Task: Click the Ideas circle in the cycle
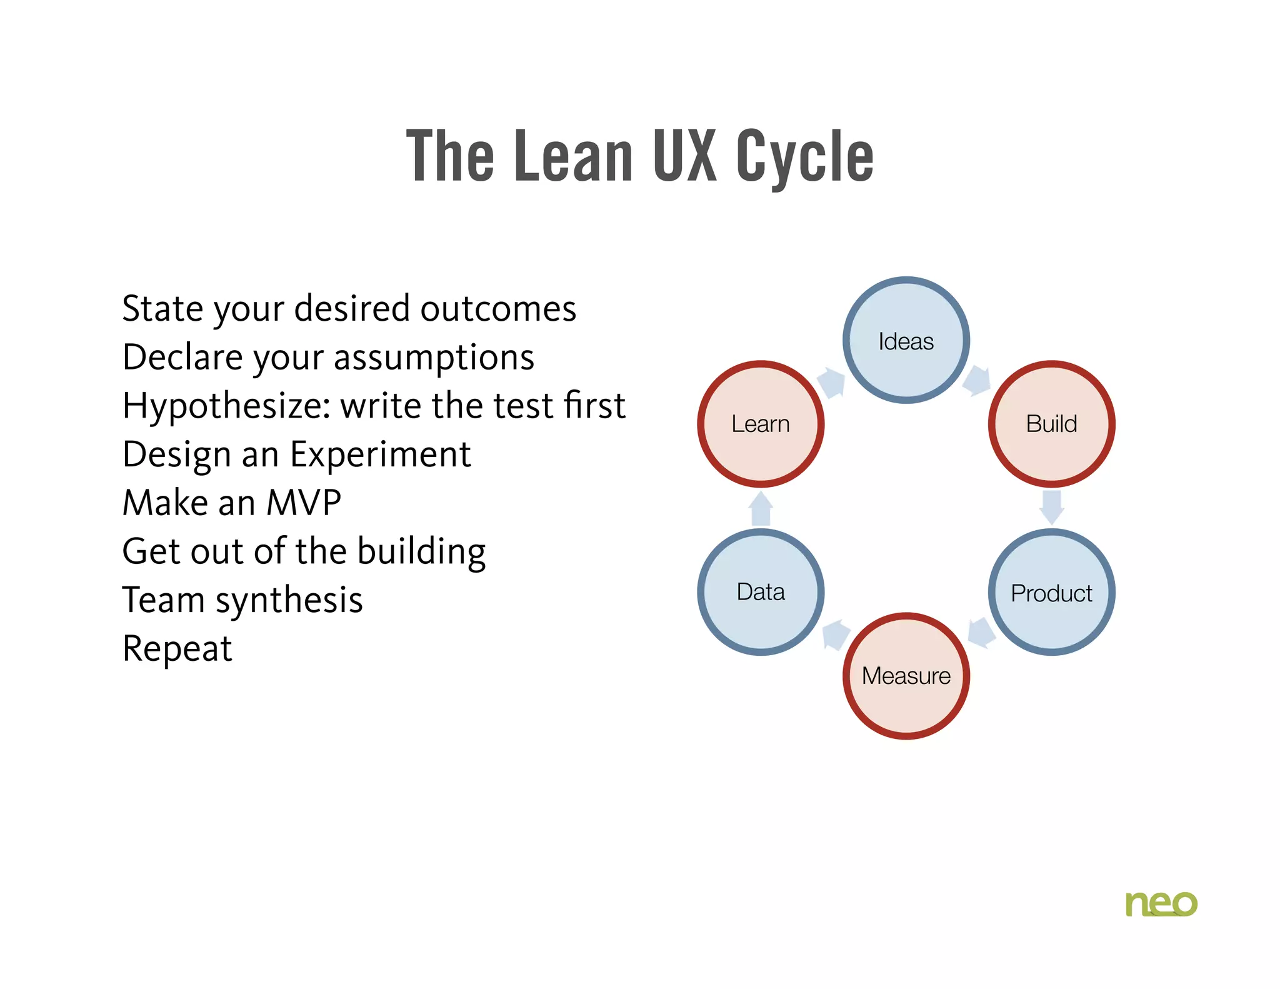point(906,341)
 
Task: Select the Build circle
point(1051,424)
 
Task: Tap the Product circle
point(1051,593)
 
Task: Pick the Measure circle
point(906,676)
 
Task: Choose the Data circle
point(761,592)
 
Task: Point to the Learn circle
point(761,424)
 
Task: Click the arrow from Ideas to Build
point(977,380)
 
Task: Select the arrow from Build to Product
point(1052,507)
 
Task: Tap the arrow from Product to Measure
point(981,633)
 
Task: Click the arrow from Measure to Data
point(836,635)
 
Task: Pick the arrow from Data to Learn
point(761,508)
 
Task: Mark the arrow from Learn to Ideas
point(831,382)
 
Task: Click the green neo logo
point(1161,904)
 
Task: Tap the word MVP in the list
point(304,503)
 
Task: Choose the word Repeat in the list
point(177,649)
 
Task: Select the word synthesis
point(289,601)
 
